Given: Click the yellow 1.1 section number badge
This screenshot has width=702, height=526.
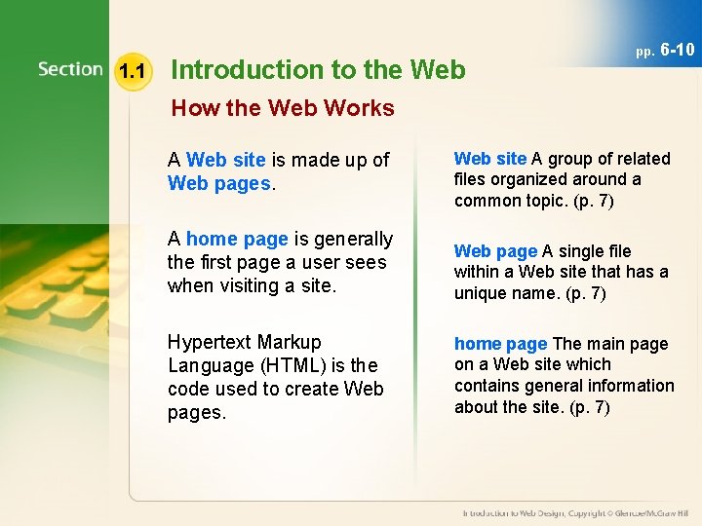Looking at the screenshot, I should tap(132, 70).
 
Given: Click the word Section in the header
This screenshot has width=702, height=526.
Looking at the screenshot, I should tap(70, 69).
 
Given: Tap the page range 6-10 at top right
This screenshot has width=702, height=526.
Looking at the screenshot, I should tap(678, 50).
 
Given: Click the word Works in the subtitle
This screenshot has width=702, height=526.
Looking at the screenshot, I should tap(361, 108).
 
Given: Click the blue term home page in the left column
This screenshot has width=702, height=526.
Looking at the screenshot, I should tap(237, 239).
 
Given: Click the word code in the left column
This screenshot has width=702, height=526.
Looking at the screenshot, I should tap(187, 389).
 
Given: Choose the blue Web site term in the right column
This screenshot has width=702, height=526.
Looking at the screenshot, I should tap(490, 159).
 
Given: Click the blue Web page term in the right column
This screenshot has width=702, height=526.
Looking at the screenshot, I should tap(495, 251).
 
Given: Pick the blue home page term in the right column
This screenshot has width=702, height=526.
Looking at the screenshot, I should tap(501, 344).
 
